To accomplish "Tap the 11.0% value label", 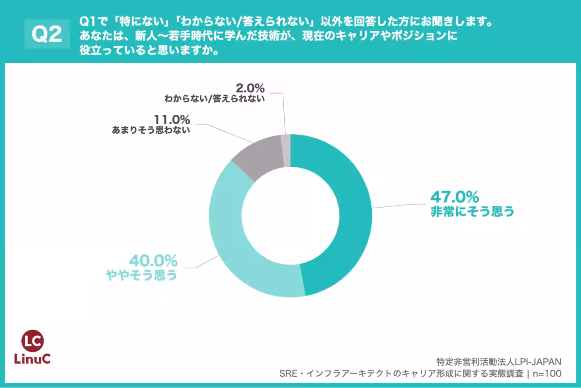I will [172, 119].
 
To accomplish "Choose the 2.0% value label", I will [250, 88].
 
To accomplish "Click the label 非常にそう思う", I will [472, 212].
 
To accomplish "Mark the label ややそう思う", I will [141, 275].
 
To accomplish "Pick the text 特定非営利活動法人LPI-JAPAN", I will [498, 361].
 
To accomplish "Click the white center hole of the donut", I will [290, 216].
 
